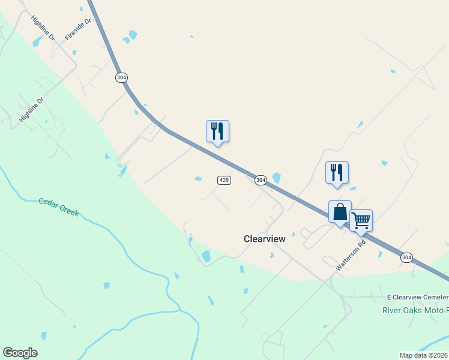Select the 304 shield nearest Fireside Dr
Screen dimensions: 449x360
pos(121,78)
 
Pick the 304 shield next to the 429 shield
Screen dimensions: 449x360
pos(261,180)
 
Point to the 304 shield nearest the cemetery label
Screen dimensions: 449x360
pos(406,257)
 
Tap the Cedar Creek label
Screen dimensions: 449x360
pos(58,207)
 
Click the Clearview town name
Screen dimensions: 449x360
pos(265,238)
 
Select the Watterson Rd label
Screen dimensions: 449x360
pos(351,256)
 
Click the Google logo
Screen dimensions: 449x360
pos(20,353)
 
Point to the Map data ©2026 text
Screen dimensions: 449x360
pos(424,355)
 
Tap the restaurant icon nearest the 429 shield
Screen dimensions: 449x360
pos(217,131)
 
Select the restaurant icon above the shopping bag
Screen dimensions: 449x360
pos(337,173)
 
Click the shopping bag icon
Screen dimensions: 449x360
pos(340,212)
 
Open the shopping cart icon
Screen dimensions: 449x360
pos(361,220)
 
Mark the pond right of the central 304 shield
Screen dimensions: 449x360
pos(277,178)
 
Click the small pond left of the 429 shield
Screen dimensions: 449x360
pos(198,178)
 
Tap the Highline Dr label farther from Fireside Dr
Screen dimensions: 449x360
pos(32,110)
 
